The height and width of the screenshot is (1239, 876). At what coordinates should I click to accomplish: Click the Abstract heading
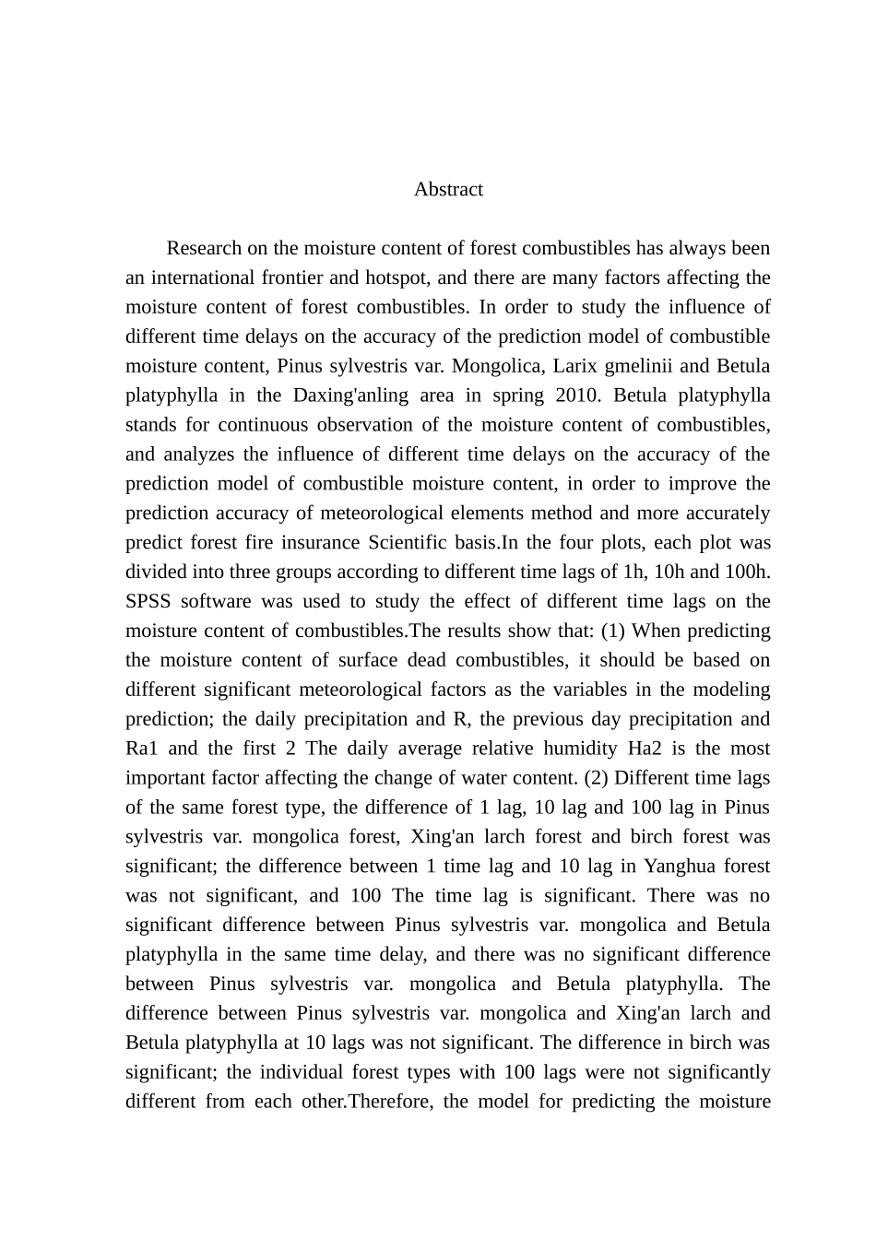pyautogui.click(x=448, y=189)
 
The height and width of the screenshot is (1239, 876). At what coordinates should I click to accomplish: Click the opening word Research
pyautogui.click(x=205, y=248)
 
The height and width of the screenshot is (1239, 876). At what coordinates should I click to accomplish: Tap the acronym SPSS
pyautogui.click(x=148, y=601)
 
